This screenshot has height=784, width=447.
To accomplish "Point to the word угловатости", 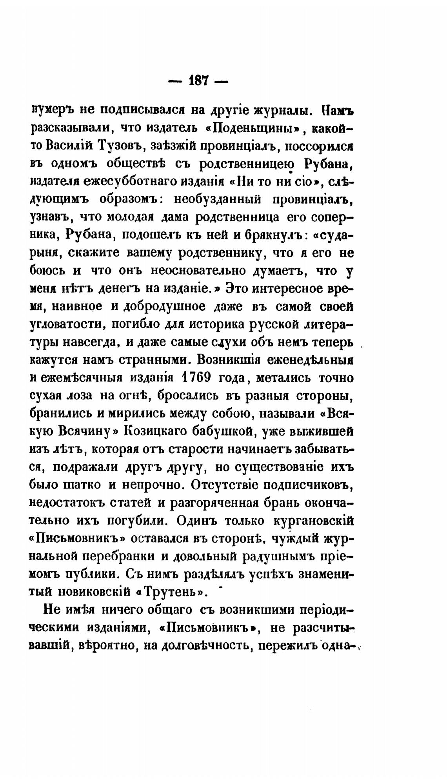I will click(x=67, y=325).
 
